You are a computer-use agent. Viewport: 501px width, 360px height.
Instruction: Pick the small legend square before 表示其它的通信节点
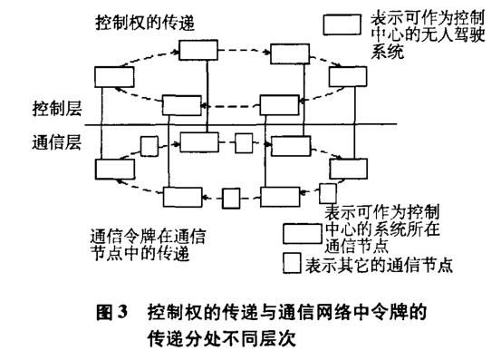coord(291,265)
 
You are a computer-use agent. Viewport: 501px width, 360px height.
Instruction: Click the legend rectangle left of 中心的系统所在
coord(303,231)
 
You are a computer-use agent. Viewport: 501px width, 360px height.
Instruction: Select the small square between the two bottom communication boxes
coord(231,196)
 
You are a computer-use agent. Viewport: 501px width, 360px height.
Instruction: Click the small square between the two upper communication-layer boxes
coord(243,143)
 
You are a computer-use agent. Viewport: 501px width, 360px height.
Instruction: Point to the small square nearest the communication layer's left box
coord(148,145)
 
